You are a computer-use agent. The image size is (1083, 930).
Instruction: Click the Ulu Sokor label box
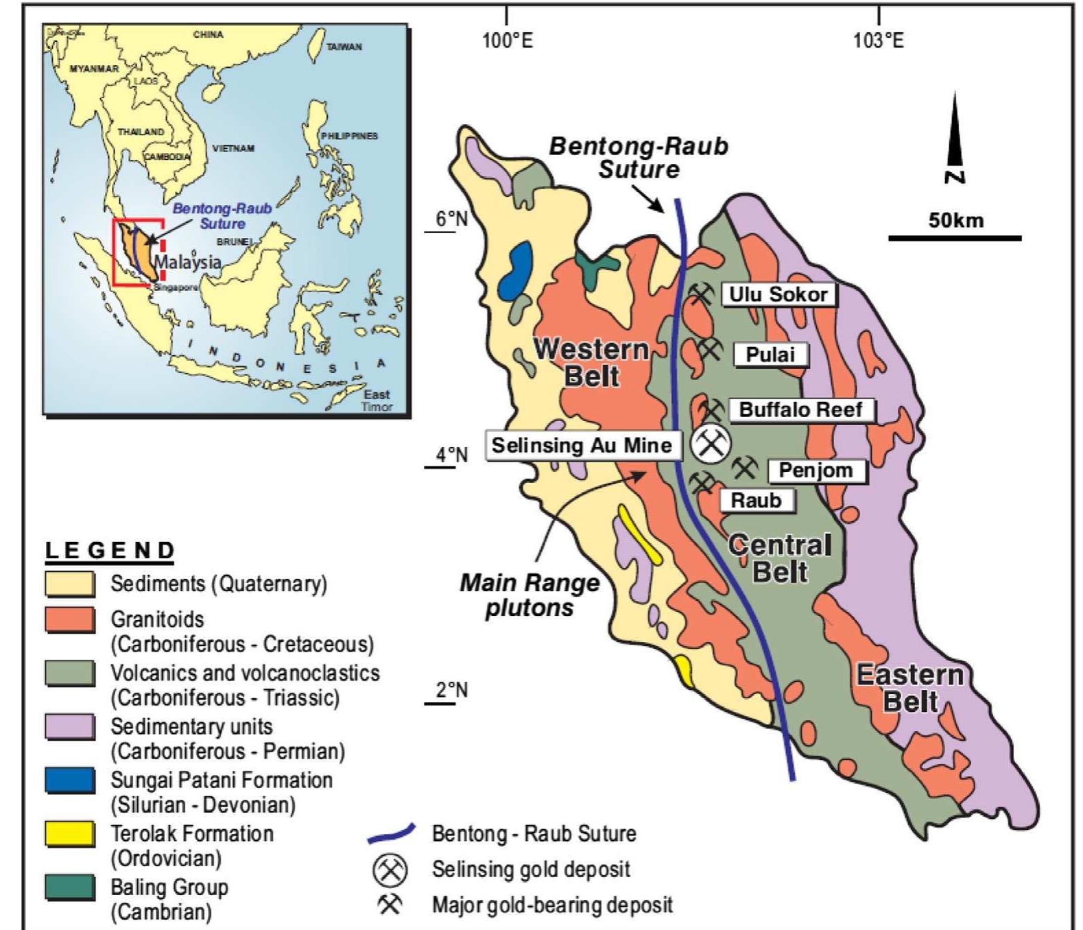pyautogui.click(x=778, y=295)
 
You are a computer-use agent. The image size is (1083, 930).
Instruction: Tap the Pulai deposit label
pyautogui.click(x=770, y=355)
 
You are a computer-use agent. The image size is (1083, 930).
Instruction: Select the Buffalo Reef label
pyautogui.click(x=800, y=410)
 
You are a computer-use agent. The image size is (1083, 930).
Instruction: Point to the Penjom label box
pyautogui.click(x=816, y=470)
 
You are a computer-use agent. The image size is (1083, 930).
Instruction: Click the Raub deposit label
pyautogui.click(x=756, y=500)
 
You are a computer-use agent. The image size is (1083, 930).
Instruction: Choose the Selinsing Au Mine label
pyautogui.click(x=582, y=446)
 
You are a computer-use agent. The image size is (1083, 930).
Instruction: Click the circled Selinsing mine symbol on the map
pyautogui.click(x=710, y=444)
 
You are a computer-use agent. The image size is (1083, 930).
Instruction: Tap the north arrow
pyautogui.click(x=955, y=137)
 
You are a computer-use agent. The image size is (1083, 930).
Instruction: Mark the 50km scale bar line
pyautogui.click(x=955, y=238)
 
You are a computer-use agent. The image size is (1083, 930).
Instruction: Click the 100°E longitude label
pyautogui.click(x=507, y=40)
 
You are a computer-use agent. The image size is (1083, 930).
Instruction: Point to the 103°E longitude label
pyautogui.click(x=879, y=40)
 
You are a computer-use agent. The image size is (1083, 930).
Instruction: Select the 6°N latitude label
pyautogui.click(x=452, y=219)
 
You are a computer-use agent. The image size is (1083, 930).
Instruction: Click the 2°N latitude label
pyautogui.click(x=452, y=690)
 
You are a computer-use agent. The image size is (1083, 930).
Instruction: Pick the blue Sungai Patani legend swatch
pyautogui.click(x=70, y=780)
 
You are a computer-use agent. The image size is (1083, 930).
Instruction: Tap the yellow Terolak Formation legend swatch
pyautogui.click(x=70, y=834)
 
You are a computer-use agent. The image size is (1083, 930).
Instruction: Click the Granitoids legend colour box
pyautogui.click(x=70, y=619)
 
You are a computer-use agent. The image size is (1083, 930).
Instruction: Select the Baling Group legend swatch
pyautogui.click(x=70, y=887)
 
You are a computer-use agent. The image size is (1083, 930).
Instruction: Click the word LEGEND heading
pyautogui.click(x=110, y=551)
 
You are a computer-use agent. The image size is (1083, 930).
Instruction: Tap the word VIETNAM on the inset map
pyautogui.click(x=233, y=148)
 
